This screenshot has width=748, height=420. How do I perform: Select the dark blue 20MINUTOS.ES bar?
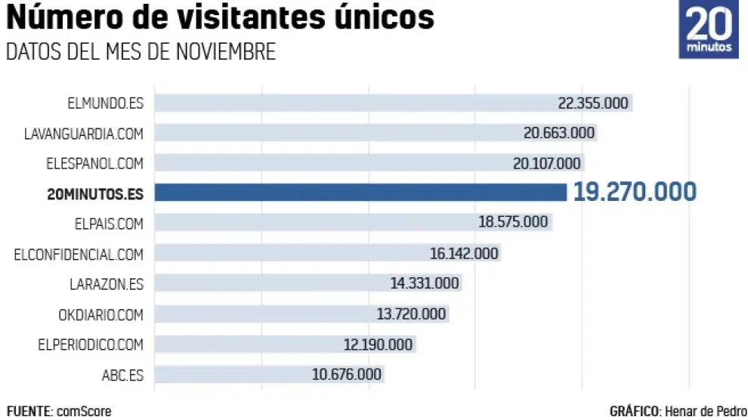360,193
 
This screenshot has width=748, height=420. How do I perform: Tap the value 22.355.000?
593,103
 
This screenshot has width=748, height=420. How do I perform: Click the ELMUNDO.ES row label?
105,103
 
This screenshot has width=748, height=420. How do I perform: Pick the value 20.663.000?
559,133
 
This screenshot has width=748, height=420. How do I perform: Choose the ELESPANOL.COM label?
94,163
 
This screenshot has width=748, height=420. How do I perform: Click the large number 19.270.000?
635,192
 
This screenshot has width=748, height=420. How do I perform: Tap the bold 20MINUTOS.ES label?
94,193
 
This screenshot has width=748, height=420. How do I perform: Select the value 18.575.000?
513,222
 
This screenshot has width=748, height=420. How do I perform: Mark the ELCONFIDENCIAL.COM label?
79,254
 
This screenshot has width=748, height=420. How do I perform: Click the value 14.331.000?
425,284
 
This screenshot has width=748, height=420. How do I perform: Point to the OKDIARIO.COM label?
100,314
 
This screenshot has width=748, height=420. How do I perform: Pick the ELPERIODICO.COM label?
90,344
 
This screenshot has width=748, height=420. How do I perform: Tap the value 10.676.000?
347,375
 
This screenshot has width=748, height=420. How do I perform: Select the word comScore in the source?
83,412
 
